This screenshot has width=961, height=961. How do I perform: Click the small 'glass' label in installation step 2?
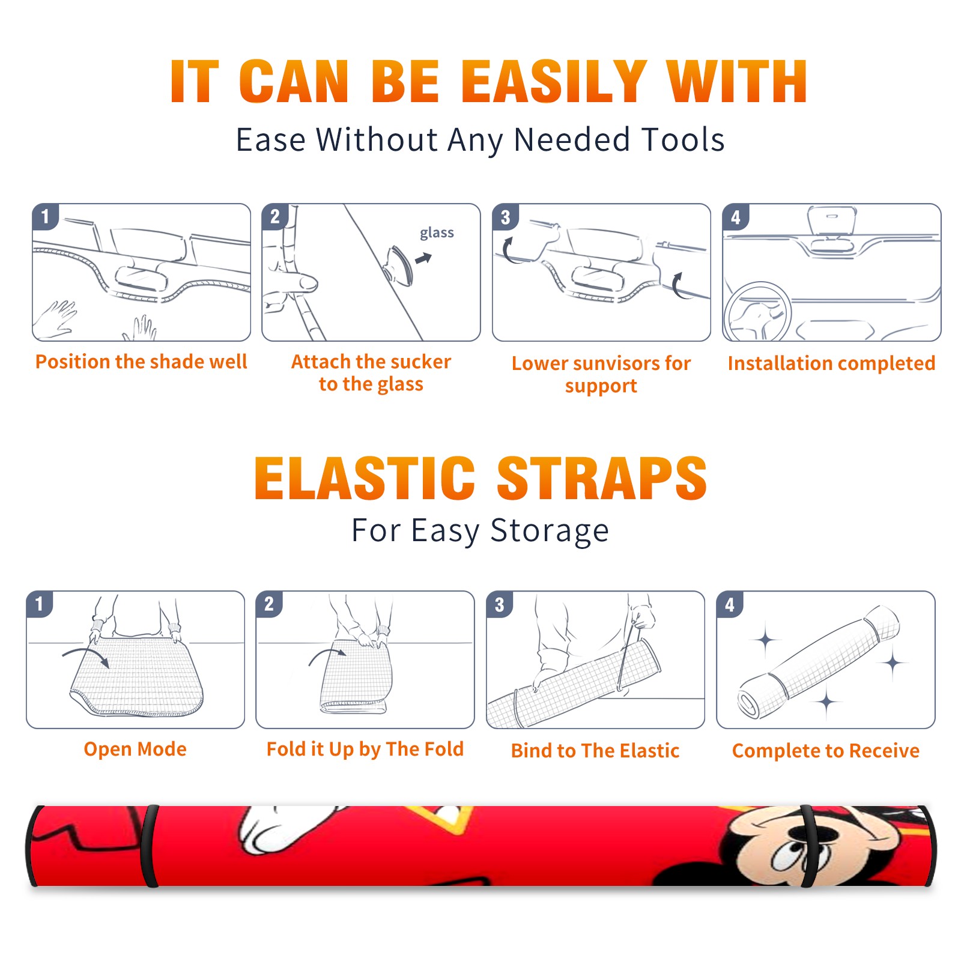tap(437, 232)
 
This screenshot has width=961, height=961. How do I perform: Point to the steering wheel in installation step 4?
tap(757, 312)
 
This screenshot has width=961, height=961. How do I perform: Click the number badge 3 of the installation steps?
tap(505, 217)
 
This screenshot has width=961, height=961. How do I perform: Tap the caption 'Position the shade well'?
tap(141, 362)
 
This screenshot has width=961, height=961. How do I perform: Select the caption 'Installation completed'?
tap(831, 363)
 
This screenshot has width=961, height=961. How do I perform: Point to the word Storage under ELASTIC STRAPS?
tap(550, 531)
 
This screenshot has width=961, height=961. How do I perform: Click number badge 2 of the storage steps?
tap(268, 604)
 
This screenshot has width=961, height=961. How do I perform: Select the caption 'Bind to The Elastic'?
tap(595, 751)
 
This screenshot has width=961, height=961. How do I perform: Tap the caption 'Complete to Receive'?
tap(826, 751)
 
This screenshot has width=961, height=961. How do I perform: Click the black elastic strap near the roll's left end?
tap(150, 846)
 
